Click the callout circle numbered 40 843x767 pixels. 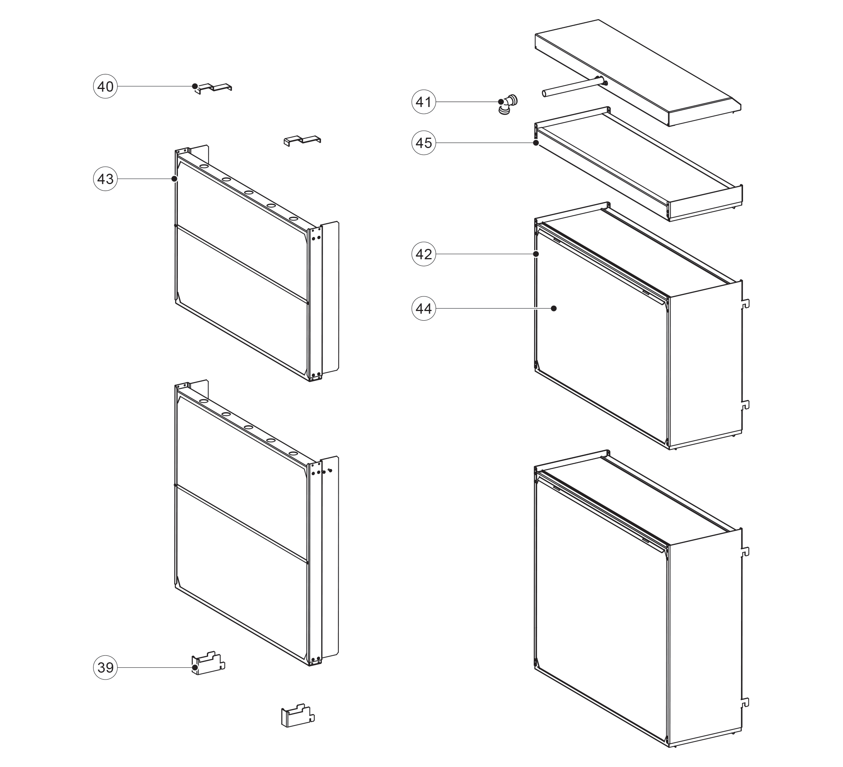tap(105, 87)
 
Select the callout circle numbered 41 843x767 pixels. tap(423, 102)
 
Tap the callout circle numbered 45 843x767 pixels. tap(423, 143)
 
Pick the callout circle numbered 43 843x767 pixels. tap(105, 179)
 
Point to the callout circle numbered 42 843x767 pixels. tap(423, 254)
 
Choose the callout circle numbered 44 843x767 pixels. tap(423, 308)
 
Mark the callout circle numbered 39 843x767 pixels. tap(105, 667)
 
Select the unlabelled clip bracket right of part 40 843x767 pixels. tap(302, 140)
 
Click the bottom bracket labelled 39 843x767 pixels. tap(208, 663)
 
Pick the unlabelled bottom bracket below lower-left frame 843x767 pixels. tap(297, 716)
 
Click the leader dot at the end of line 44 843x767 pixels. tap(554, 308)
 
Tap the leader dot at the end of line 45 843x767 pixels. tap(536, 143)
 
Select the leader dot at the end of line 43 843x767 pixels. tap(174, 179)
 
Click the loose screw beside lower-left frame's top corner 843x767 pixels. tap(330, 471)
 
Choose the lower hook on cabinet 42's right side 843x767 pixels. tap(746, 405)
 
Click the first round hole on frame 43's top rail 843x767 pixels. tap(203, 166)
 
